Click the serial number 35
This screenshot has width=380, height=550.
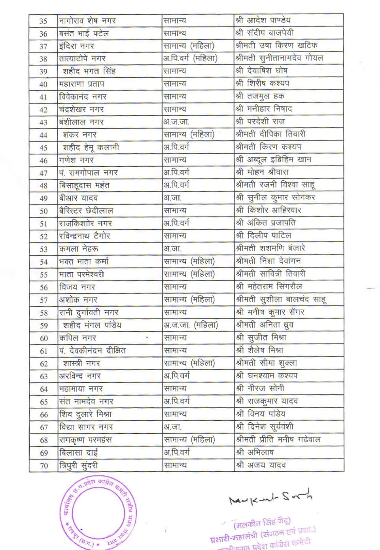click(43, 21)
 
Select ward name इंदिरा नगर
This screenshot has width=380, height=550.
click(76, 46)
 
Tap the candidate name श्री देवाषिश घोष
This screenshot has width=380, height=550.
click(261, 71)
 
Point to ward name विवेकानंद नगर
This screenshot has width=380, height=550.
click(83, 97)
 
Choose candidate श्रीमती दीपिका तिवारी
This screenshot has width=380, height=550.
click(270, 134)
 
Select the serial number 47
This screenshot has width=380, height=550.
click(43, 173)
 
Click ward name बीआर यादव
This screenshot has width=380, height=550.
click(78, 198)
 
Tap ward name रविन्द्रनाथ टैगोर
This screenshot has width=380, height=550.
click(84, 236)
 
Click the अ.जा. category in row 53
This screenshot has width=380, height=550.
click(172, 249)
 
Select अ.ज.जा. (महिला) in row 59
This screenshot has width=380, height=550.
click(191, 325)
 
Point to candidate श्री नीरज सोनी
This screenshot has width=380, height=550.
click(260, 388)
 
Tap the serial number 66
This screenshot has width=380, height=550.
click(43, 415)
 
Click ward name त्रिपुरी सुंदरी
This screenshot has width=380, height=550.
click(78, 465)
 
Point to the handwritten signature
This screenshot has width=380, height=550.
click(270, 499)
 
